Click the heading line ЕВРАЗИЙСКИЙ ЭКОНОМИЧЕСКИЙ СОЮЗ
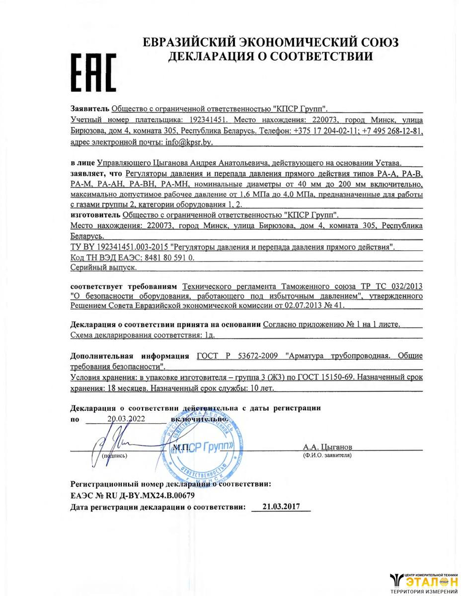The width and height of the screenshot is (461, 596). [270, 42]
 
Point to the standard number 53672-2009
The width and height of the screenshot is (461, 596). [259, 356]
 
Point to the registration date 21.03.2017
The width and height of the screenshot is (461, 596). [281, 507]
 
